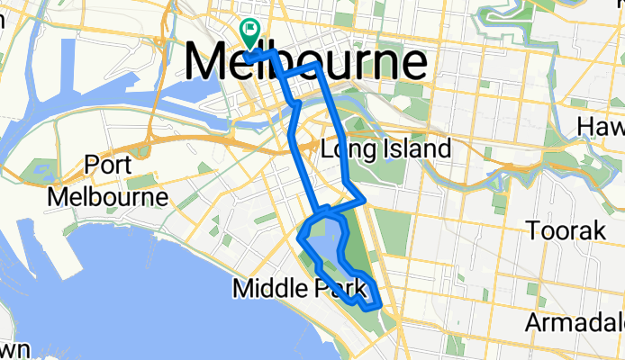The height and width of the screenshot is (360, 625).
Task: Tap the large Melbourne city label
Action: coord(305,62)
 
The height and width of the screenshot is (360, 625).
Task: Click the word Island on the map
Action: coord(414,148)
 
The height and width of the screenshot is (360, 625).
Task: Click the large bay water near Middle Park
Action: coord(135,270)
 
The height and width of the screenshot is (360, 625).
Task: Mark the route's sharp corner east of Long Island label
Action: coord(363,200)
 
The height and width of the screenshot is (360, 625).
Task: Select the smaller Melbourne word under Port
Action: coord(113,196)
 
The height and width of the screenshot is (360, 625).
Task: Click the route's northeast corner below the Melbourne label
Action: coord(318,65)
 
